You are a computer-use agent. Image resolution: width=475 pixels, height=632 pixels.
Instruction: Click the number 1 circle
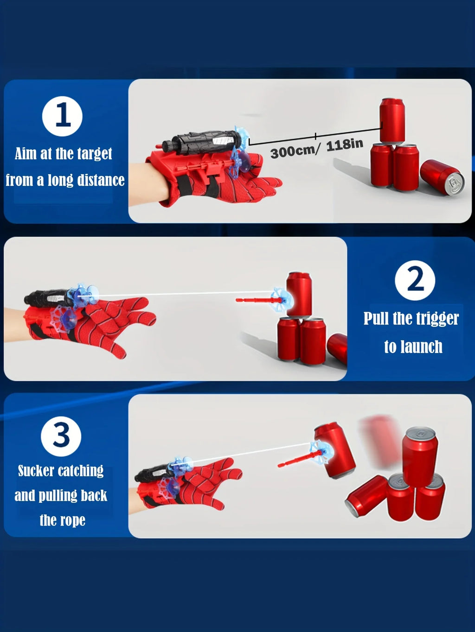pyautogui.click(x=62, y=116)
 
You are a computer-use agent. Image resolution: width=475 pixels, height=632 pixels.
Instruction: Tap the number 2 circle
pyautogui.click(x=415, y=280)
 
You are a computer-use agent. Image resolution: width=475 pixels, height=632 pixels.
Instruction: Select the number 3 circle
pyautogui.click(x=61, y=436)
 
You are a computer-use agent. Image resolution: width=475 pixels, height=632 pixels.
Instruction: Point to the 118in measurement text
pyautogui.click(x=345, y=145)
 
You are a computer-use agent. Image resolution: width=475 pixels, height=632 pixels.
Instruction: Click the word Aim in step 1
pyautogui.click(x=26, y=153)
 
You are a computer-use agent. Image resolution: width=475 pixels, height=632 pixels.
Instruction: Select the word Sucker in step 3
pyautogui.click(x=36, y=471)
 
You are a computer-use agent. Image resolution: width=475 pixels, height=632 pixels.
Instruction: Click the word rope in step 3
pyautogui.click(x=72, y=521)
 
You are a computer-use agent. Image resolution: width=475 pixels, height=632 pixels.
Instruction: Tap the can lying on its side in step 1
pyautogui.click(x=443, y=177)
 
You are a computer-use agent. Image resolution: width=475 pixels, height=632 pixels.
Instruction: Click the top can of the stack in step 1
pyautogui.click(x=392, y=120)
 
